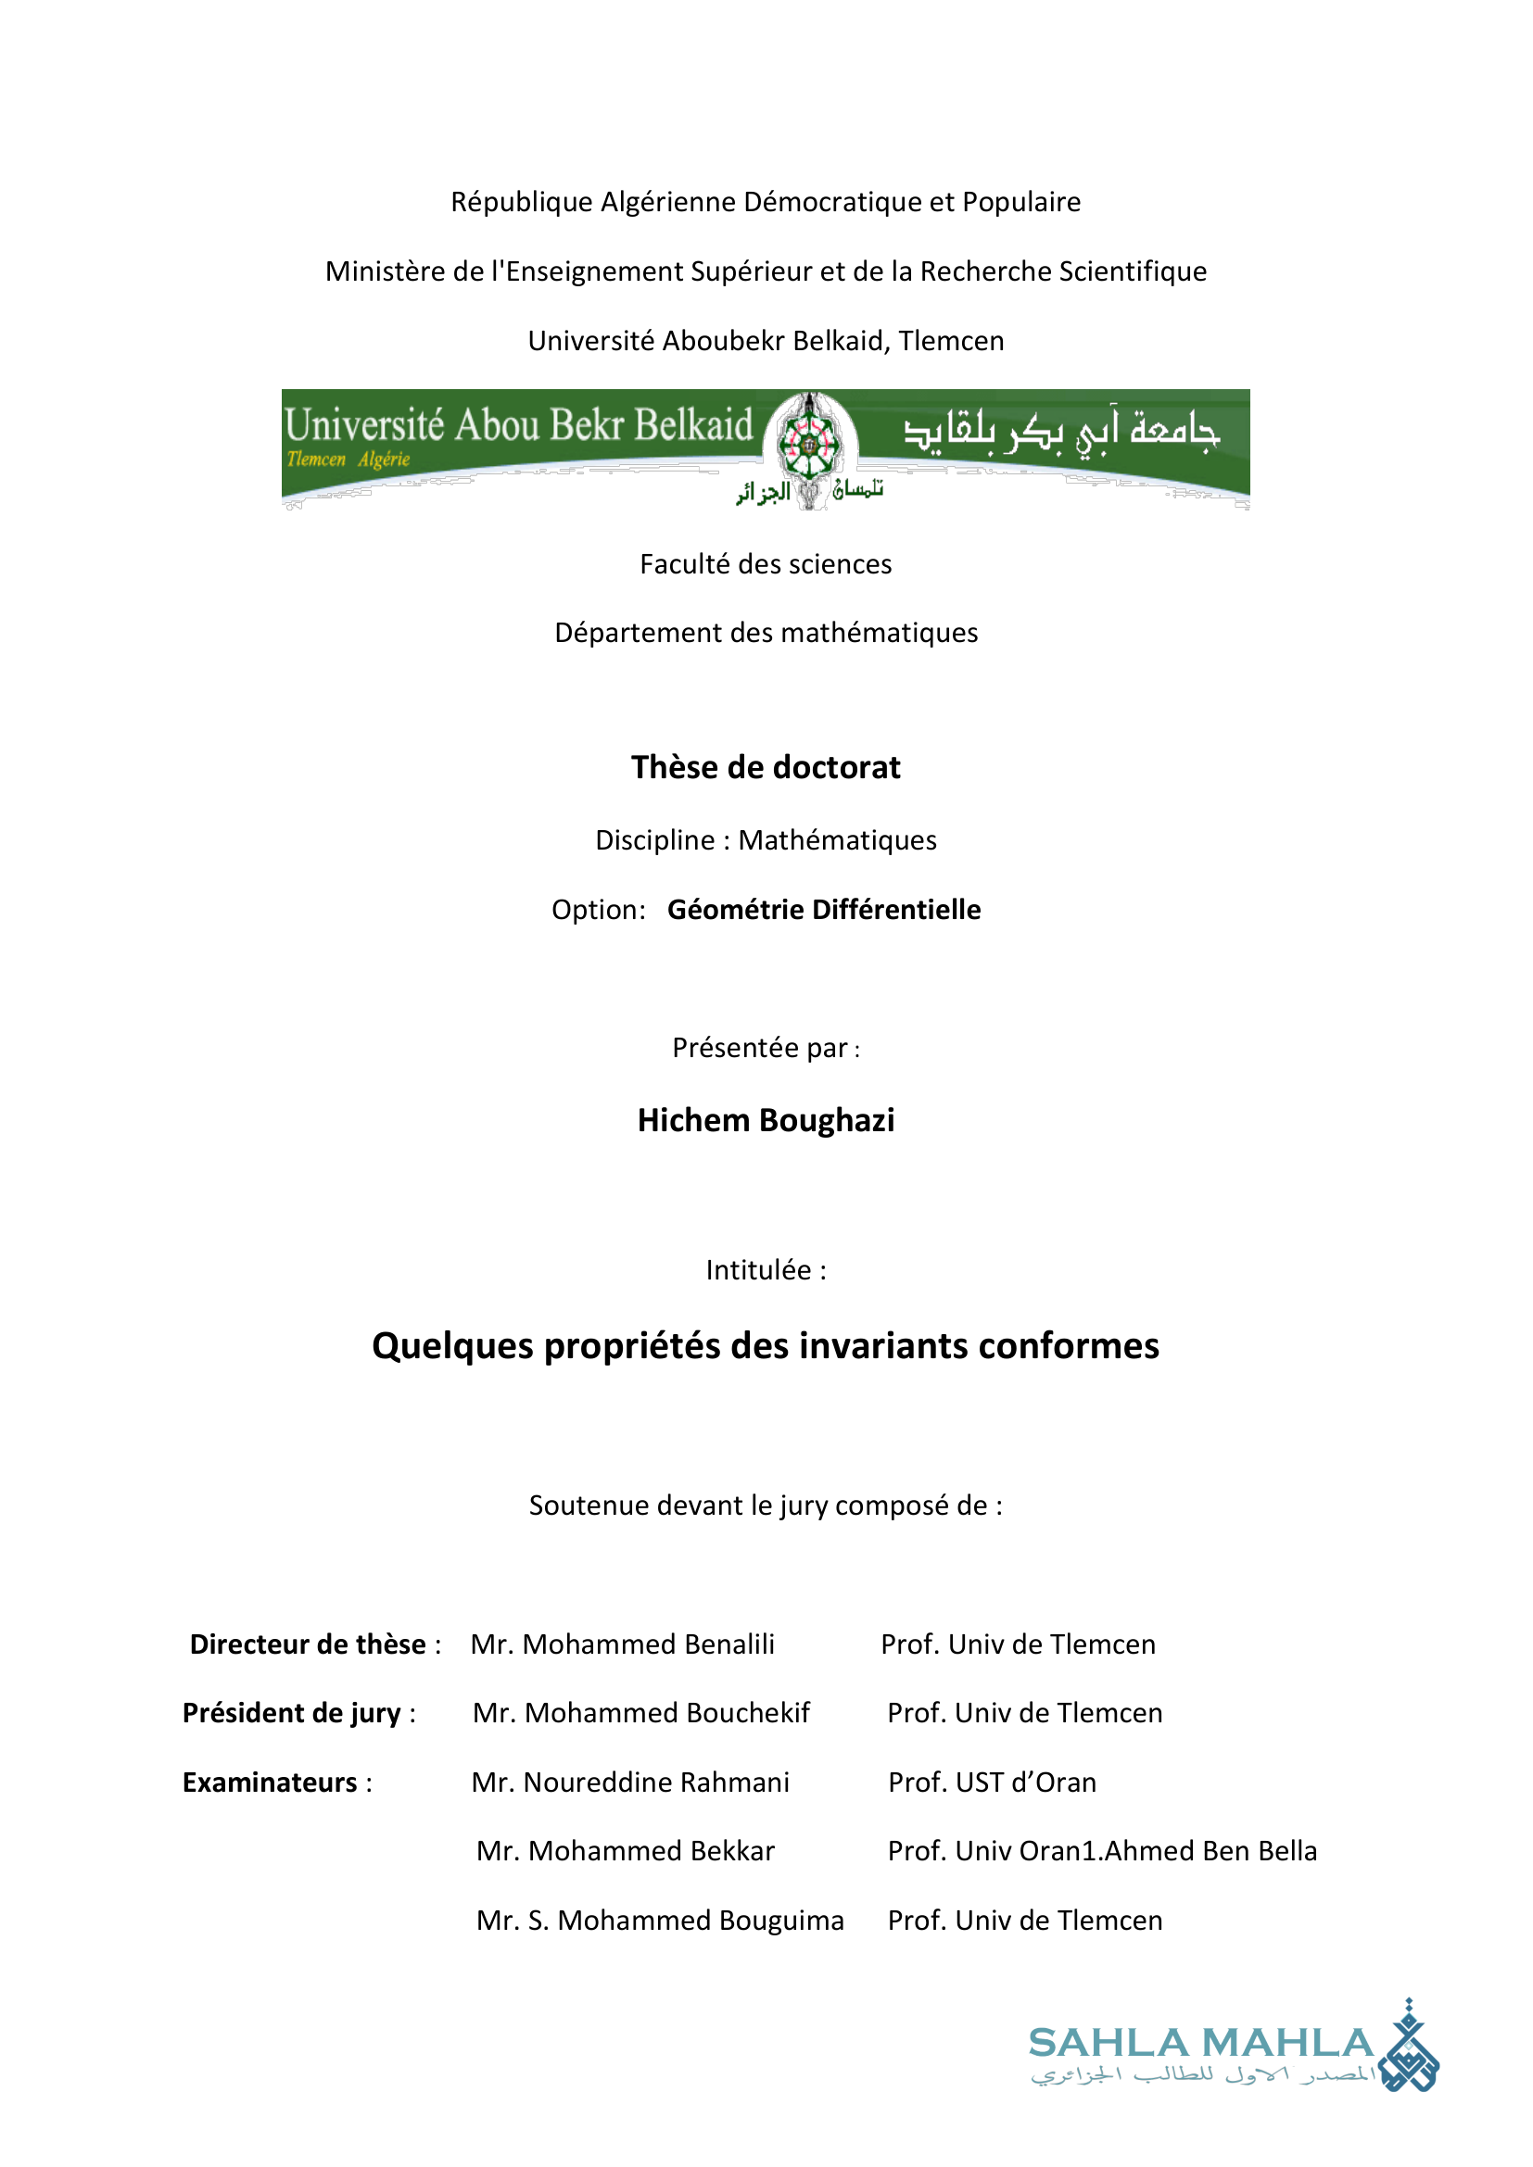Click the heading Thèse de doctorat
[766, 767]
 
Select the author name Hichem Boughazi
[766, 1120]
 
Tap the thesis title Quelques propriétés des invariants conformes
[766, 1346]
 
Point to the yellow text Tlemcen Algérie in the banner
[348, 460]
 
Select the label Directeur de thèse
[308, 1644]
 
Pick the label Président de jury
[292, 1713]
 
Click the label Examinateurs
[270, 1782]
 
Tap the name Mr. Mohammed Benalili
[622, 1644]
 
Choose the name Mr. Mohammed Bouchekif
[641, 1713]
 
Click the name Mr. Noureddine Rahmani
[630, 1782]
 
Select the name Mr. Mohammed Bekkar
[625, 1851]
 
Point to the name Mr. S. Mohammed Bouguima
[660, 1920]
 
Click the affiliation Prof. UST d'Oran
[992, 1782]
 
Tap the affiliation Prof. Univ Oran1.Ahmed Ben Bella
[1102, 1851]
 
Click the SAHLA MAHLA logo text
[1200, 2044]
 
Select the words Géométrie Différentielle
[824, 909]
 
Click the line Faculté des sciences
[766, 563]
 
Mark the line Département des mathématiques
[766, 633]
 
